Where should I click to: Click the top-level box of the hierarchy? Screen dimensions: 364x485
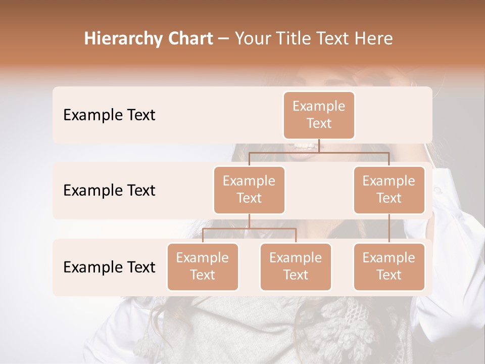(319, 115)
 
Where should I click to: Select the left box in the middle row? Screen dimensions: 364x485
(249, 190)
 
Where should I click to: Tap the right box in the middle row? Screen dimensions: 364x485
(389, 190)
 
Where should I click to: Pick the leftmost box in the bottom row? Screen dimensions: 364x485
(203, 266)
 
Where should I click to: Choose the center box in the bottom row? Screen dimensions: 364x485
(296, 266)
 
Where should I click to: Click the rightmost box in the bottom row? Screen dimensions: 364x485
(389, 266)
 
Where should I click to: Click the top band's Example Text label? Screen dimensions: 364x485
(109, 115)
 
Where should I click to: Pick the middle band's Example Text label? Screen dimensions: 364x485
(109, 191)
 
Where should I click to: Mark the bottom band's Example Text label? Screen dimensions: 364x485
(109, 267)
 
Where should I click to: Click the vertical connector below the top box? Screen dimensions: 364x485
(319, 146)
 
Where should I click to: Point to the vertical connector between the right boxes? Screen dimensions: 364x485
(389, 229)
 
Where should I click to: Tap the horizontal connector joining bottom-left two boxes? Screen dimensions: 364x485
(249, 229)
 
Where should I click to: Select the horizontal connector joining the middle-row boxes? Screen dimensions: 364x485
(319, 152)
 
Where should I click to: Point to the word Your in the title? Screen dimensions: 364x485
(252, 39)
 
